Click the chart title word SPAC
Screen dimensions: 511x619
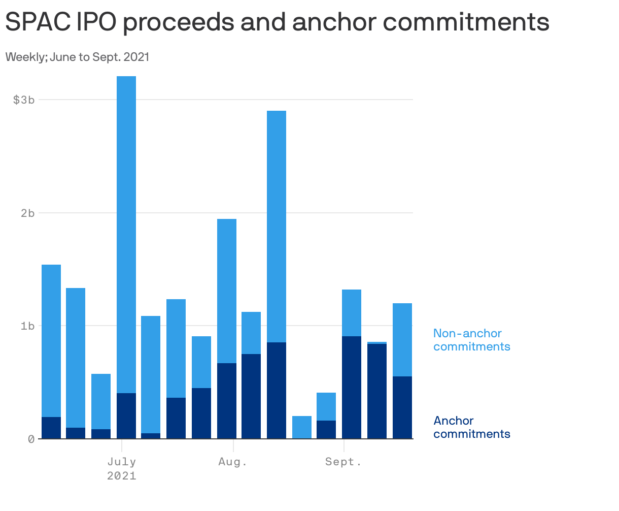pyautogui.click(x=34, y=22)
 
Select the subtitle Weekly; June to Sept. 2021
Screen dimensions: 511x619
pyautogui.click(x=77, y=57)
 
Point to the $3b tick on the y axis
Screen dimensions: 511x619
pyautogui.click(x=24, y=100)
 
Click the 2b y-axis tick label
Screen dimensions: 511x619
pyautogui.click(x=27, y=213)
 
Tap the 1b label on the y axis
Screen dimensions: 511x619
pyautogui.click(x=27, y=326)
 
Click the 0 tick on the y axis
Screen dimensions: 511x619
pyautogui.click(x=31, y=439)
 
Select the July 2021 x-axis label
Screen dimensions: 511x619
pyautogui.click(x=122, y=468)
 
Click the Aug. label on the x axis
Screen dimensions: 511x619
pyautogui.click(x=233, y=462)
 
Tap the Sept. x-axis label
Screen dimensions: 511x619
pyautogui.click(x=343, y=462)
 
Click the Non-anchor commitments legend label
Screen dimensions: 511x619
pyautogui.click(x=471, y=340)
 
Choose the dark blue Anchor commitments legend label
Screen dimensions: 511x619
pyautogui.click(x=471, y=427)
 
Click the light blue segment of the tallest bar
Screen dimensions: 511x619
pyautogui.click(x=126, y=234)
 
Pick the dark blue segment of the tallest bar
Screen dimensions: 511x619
pyautogui.click(x=126, y=416)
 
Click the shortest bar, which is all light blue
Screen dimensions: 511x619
pyautogui.click(x=302, y=427)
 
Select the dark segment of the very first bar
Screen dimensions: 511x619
pyautogui.click(x=51, y=428)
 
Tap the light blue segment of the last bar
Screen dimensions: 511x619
pyautogui.click(x=402, y=339)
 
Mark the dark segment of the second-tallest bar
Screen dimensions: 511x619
pyautogui.click(x=277, y=390)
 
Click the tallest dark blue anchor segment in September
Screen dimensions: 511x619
pyautogui.click(x=352, y=387)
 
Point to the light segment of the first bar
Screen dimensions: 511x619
pyautogui.click(x=51, y=340)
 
